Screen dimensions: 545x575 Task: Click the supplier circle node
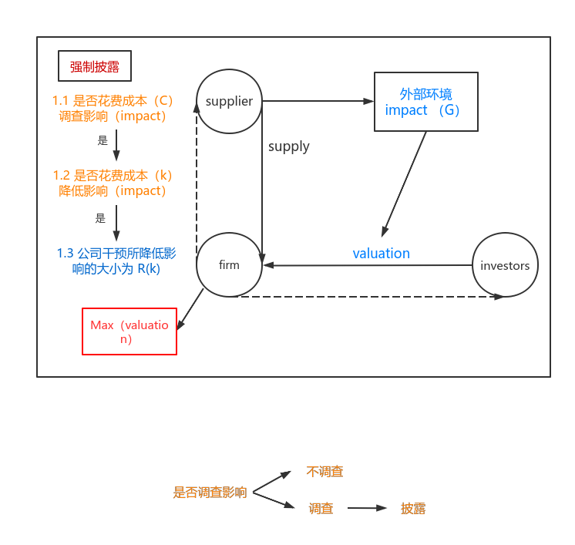pos(229,101)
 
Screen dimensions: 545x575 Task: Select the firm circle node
pos(229,264)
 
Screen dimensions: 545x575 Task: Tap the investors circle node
pos(505,264)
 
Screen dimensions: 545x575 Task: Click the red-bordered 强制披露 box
pos(95,66)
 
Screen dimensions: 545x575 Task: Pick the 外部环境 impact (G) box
pos(425,102)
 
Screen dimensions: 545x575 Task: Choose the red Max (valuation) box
pos(129,331)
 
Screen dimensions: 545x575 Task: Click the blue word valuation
pos(381,254)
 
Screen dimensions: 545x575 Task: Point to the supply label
pos(288,146)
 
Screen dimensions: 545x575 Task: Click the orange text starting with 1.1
pos(113,109)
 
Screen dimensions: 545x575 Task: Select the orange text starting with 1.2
pos(113,183)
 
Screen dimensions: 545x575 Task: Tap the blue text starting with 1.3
pos(116,261)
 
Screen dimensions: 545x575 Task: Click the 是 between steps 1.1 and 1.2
pos(103,141)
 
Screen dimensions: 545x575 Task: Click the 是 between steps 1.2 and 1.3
pos(100,218)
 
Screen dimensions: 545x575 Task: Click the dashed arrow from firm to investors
pos(370,296)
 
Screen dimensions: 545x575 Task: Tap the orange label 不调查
pos(324,472)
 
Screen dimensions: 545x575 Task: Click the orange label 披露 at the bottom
pos(413,509)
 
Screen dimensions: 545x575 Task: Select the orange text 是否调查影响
pos(210,493)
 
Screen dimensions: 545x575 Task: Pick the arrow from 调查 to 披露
pos(367,508)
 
